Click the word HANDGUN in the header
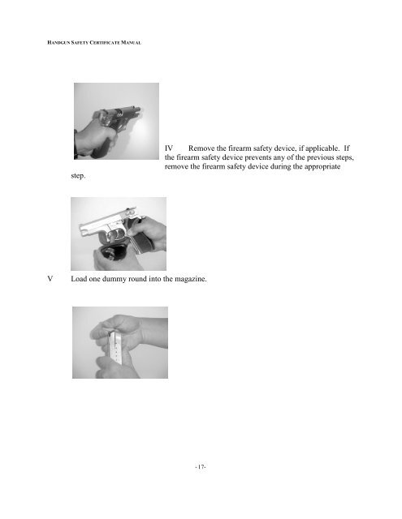click(x=58, y=43)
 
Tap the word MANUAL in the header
click(x=132, y=43)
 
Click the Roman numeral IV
click(x=169, y=148)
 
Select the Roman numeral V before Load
click(x=50, y=279)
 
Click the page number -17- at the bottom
click(x=201, y=467)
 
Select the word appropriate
click(x=322, y=167)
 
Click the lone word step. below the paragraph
click(x=78, y=176)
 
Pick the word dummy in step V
click(x=114, y=279)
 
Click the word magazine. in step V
click(x=191, y=279)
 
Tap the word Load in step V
click(x=79, y=279)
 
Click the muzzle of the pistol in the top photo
click(x=136, y=109)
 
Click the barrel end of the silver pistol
click(x=82, y=229)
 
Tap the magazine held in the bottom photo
click(x=115, y=349)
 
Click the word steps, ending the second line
click(x=344, y=158)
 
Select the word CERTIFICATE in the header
click(x=105, y=43)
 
